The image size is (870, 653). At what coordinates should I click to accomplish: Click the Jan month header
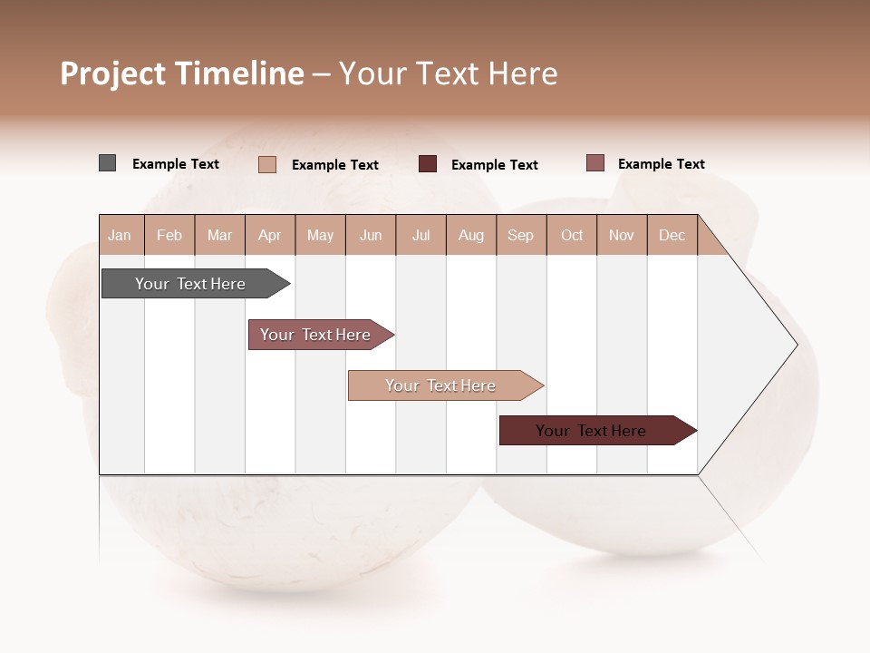[x=121, y=235]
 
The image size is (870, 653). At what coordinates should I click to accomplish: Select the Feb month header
[x=169, y=235]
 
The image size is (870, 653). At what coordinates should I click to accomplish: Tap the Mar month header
[x=219, y=235]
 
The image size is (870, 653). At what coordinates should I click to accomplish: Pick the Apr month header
[x=270, y=235]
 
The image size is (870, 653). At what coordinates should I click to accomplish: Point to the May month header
[x=320, y=235]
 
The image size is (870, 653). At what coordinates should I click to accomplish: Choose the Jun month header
[x=371, y=235]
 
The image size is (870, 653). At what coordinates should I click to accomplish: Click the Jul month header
[x=420, y=235]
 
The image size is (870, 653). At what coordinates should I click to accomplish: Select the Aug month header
[x=471, y=235]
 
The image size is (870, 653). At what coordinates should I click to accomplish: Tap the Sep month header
[x=521, y=235]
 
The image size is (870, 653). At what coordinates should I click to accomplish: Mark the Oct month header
[x=572, y=235]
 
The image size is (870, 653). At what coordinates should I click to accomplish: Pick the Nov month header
[x=622, y=235]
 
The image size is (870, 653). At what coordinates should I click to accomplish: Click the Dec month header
[x=672, y=235]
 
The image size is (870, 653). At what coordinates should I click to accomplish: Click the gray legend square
[x=108, y=163]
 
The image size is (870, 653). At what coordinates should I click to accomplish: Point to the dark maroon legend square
[x=428, y=163]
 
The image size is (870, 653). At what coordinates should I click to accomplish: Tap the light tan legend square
[x=267, y=164]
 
